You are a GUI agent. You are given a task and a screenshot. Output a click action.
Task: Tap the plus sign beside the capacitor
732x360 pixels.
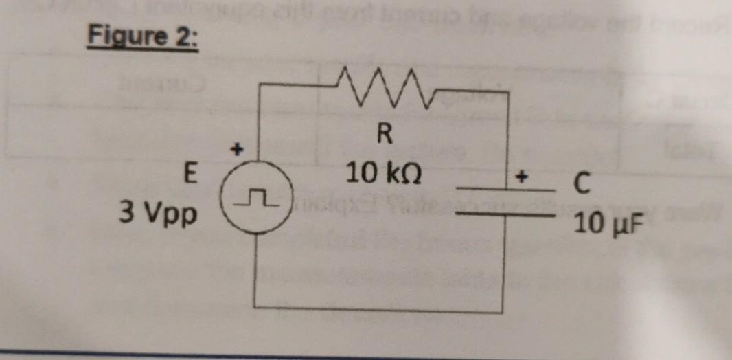coord(521,177)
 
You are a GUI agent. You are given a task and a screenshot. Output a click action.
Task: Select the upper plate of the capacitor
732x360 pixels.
coord(505,188)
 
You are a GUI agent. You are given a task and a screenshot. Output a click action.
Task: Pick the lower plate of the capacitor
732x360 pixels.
coord(505,214)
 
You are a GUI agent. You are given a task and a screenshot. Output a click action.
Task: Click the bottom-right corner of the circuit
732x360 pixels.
coord(511,312)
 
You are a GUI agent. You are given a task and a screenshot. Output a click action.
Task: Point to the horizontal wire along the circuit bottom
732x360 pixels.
coord(385,308)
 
